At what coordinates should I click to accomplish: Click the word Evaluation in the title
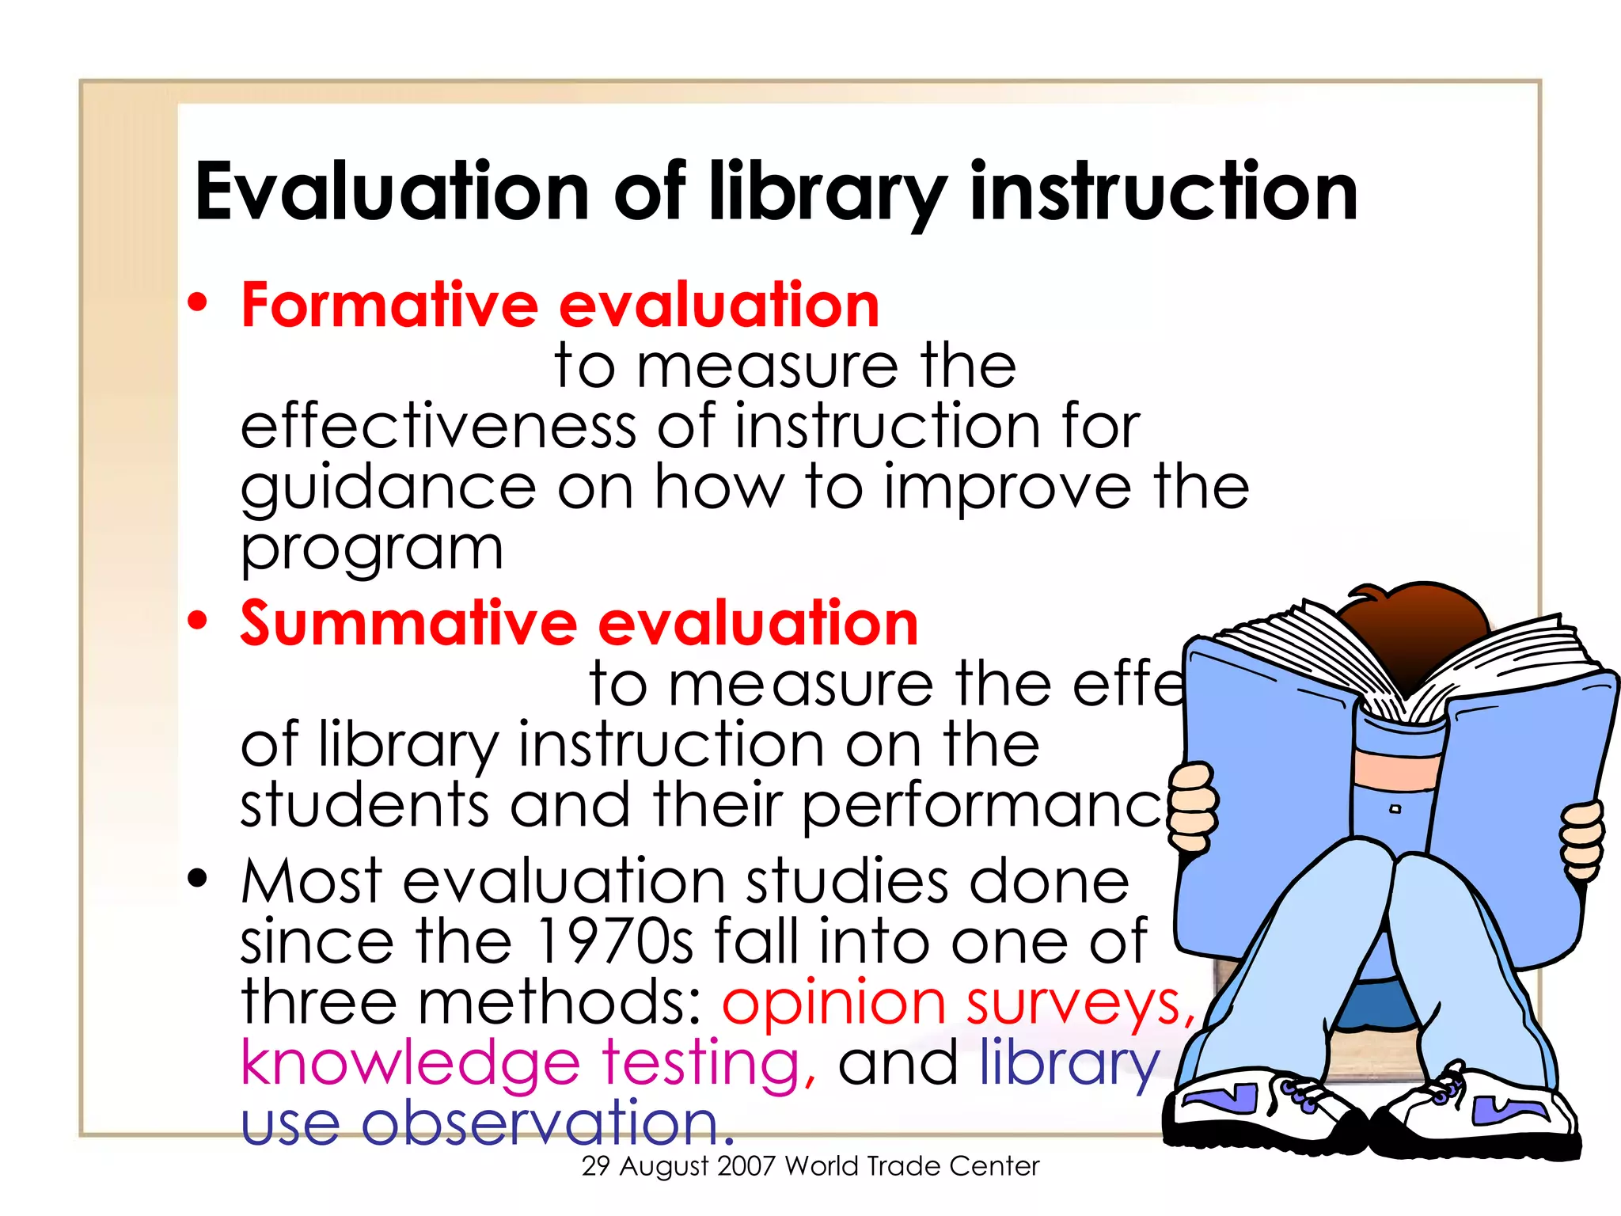click(392, 192)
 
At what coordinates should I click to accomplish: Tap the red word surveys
click(1080, 1004)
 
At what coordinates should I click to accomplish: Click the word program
click(372, 550)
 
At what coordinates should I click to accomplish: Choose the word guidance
click(389, 489)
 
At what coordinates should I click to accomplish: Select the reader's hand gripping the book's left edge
click(1194, 807)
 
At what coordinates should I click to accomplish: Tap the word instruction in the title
click(1164, 192)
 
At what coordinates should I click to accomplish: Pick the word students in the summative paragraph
click(364, 805)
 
